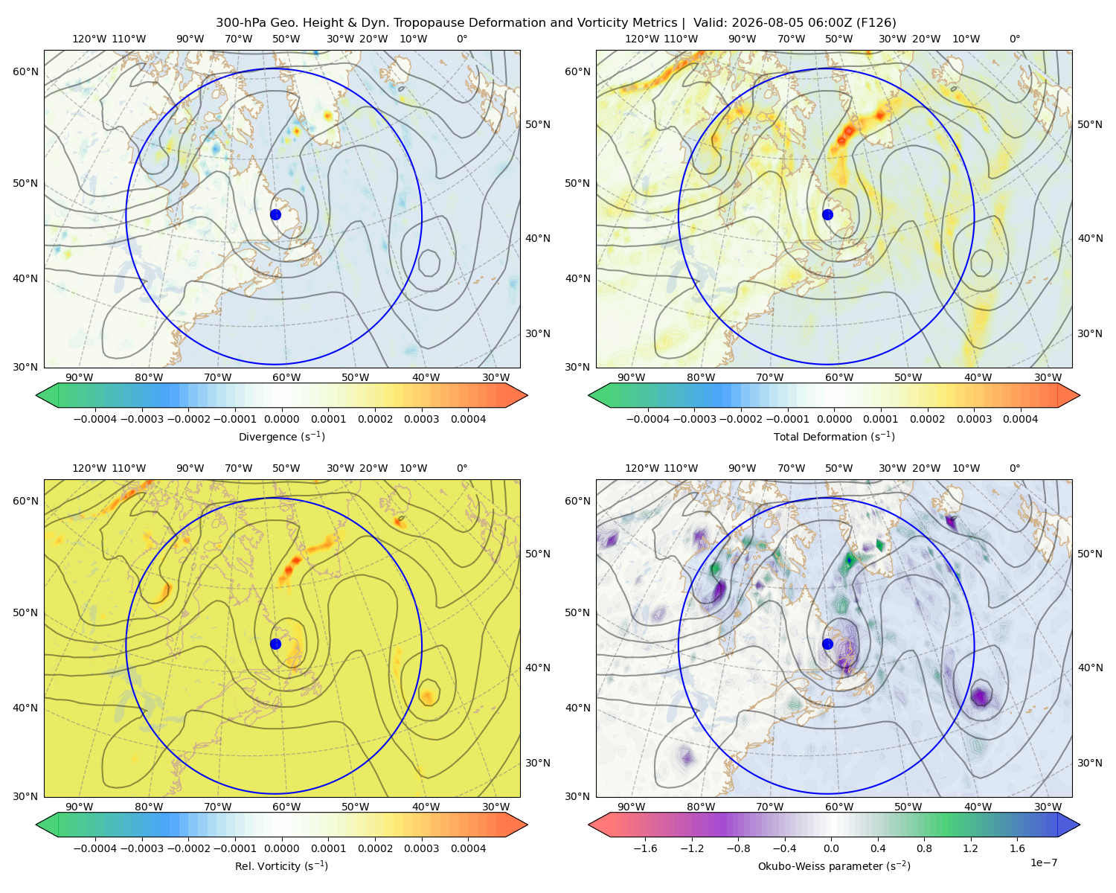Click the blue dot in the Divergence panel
tap(275, 214)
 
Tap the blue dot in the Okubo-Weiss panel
tap(827, 644)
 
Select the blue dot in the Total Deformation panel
tap(827, 214)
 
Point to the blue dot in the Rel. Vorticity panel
tap(275, 644)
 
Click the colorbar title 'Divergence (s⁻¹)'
tap(281, 436)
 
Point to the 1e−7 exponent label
tap(1043, 862)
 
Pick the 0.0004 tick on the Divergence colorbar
tap(468, 419)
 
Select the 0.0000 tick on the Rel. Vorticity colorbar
tap(281, 848)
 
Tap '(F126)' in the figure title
tap(876, 23)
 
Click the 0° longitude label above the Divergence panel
tap(462, 39)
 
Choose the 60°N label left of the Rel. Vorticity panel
tap(25, 501)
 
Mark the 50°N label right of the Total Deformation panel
tap(1090, 124)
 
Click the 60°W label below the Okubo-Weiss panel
tap(839, 807)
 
